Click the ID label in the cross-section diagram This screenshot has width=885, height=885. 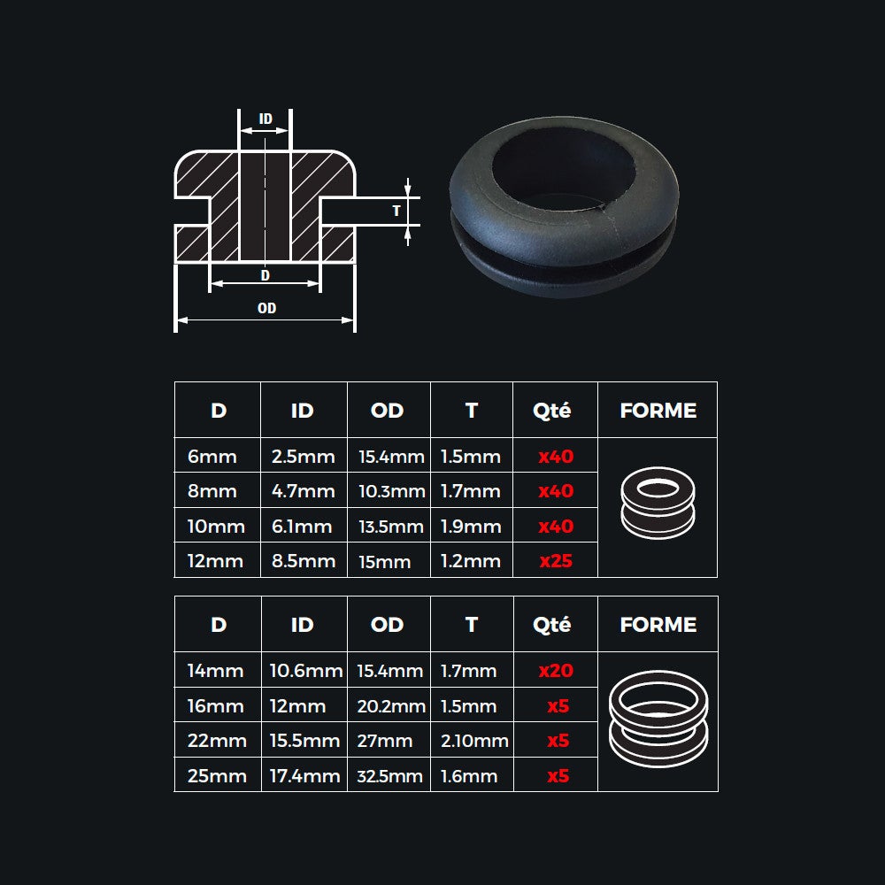point(265,119)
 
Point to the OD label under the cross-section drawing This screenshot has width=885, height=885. point(266,308)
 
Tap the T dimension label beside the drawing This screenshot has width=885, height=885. point(396,211)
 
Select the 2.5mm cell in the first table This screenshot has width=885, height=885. point(303,457)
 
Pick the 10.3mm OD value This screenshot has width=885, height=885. point(390,491)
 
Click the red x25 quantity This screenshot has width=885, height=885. point(556,561)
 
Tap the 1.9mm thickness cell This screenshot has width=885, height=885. point(471,527)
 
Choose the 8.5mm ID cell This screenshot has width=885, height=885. point(303,561)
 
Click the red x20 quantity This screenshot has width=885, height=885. point(556,671)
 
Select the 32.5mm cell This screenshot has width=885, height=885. point(390,776)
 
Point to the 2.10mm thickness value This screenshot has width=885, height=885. point(474,741)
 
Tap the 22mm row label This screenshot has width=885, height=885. point(217,741)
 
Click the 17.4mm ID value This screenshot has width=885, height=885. point(304,776)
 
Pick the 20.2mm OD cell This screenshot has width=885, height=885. point(390,706)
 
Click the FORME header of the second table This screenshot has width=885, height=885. point(658,625)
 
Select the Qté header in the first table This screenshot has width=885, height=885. point(552,411)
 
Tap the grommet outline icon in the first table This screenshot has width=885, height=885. point(658,503)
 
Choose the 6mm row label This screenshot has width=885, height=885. point(212,457)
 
